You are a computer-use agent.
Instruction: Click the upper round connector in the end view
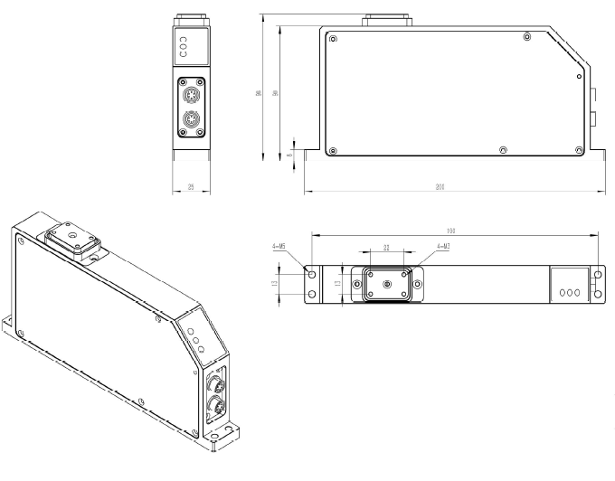191,96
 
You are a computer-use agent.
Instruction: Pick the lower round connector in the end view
191,120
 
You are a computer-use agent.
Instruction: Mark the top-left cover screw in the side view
334,39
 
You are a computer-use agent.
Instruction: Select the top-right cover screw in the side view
527,37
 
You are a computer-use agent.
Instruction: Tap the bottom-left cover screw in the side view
334,149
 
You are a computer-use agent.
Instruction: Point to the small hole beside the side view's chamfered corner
579,77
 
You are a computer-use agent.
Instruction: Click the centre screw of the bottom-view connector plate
387,284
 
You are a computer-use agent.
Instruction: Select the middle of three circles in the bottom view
571,293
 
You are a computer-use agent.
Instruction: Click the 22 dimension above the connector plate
386,246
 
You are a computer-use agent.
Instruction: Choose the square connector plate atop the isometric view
71,240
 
